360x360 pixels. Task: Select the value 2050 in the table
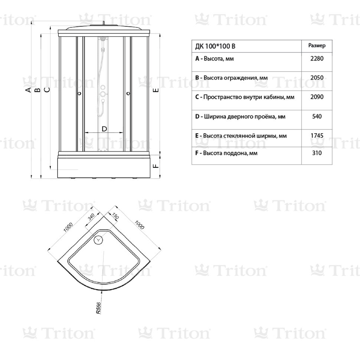(x=317, y=78)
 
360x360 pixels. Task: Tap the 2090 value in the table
(x=317, y=97)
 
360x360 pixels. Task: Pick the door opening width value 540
(x=317, y=117)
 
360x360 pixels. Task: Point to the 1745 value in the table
(x=317, y=136)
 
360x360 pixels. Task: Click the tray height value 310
(x=317, y=153)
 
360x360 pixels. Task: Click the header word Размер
(x=317, y=45)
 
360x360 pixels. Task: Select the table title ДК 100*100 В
(x=215, y=46)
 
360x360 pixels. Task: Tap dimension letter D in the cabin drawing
(x=104, y=129)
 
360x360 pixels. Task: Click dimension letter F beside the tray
(x=156, y=166)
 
